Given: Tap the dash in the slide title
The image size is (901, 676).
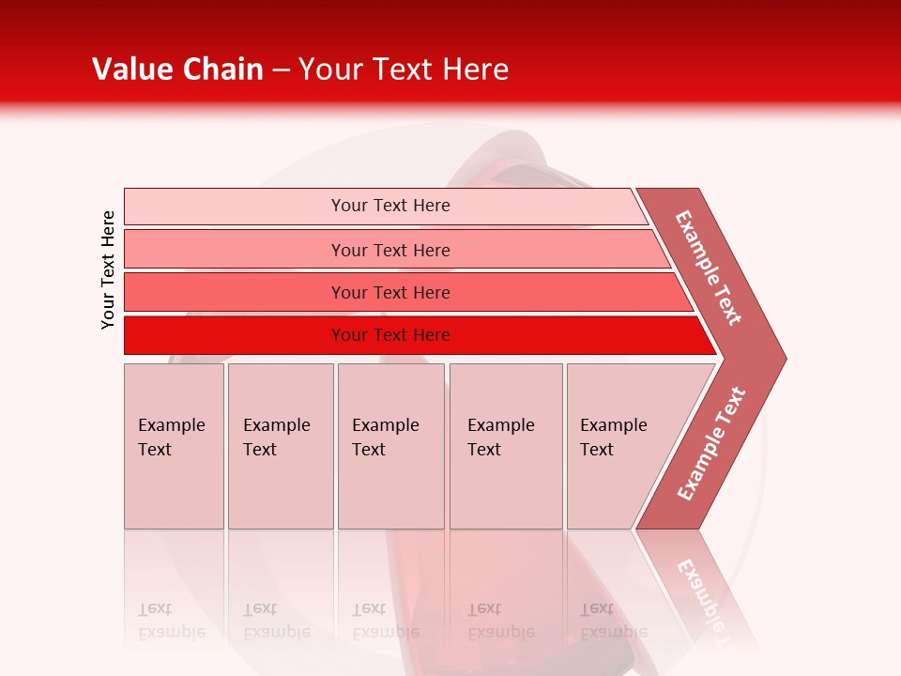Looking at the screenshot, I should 281,70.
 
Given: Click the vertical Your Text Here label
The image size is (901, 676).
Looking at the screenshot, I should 108,269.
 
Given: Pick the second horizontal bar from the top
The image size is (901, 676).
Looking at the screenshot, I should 389,250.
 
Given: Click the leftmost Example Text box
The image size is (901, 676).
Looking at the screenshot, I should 174,446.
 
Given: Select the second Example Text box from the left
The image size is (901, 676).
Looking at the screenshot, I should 280,446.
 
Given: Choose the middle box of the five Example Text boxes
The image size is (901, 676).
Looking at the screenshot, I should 390,446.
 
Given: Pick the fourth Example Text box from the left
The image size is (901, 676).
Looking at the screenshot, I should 505,446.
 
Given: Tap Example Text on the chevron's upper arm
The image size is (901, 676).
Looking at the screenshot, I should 709,268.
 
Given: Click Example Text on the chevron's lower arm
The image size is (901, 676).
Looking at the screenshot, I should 711,443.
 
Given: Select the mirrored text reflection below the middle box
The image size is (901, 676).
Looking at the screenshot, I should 385,621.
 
